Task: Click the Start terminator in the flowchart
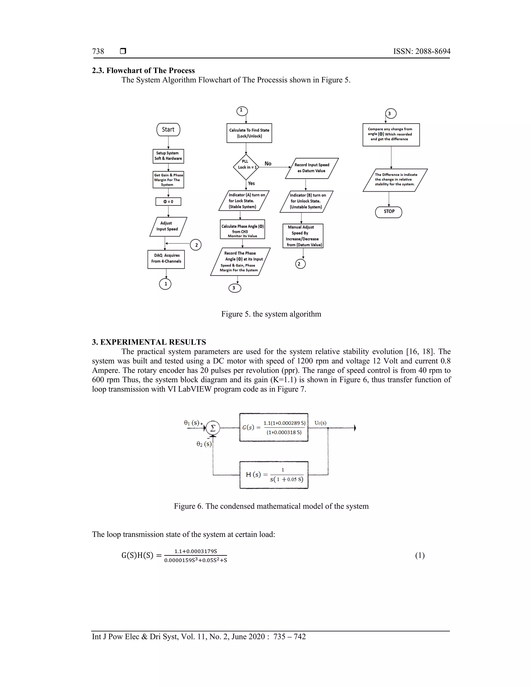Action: [x=168, y=130]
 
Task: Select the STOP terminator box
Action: [x=389, y=212]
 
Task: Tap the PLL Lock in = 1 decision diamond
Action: [x=246, y=167]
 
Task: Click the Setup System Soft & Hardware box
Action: [x=168, y=156]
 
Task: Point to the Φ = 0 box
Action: [x=168, y=201]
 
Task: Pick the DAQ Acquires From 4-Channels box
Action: [x=166, y=259]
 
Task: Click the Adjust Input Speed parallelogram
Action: [x=168, y=227]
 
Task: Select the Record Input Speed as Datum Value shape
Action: [x=312, y=168]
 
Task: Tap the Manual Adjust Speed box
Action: [x=303, y=236]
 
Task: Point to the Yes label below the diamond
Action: [x=251, y=183]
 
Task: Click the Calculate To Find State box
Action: [x=249, y=133]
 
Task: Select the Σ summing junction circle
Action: [x=213, y=428]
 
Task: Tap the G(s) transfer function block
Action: [x=274, y=427]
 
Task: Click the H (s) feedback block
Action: [x=274, y=475]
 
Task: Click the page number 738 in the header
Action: [x=98, y=51]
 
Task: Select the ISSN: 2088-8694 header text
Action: [x=422, y=51]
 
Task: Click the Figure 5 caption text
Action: [x=271, y=314]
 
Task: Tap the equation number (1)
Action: [x=420, y=555]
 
